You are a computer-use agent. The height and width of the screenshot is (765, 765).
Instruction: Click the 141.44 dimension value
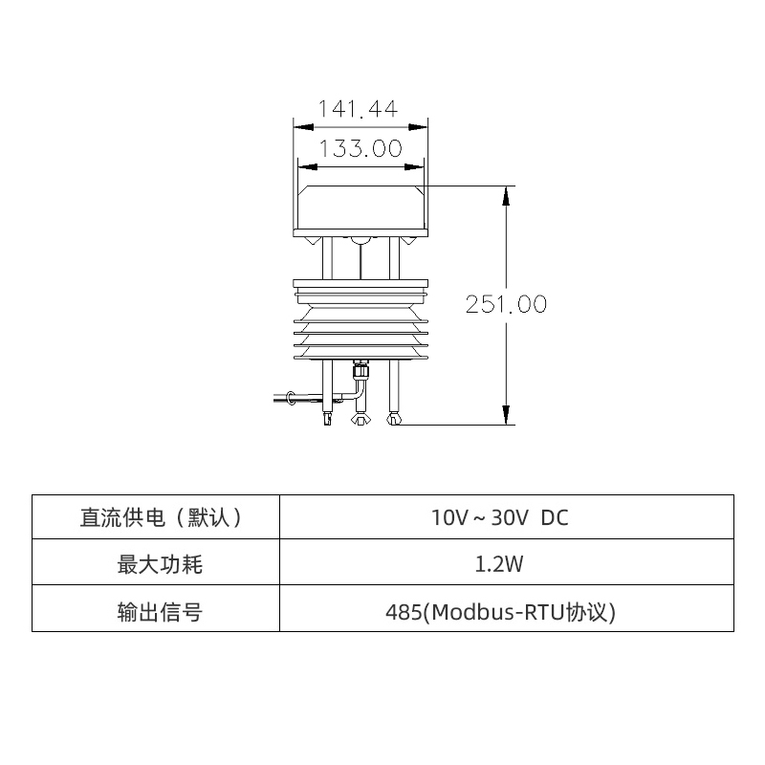coord(359,109)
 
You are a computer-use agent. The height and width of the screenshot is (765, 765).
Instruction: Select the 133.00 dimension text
coord(360,149)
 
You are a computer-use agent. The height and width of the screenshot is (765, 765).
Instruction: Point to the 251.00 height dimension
coord(506,304)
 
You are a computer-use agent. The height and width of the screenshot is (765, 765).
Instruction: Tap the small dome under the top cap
coord(361,239)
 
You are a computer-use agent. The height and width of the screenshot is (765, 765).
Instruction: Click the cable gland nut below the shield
coord(361,367)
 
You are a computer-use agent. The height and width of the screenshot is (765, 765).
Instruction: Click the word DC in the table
coord(555,517)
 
